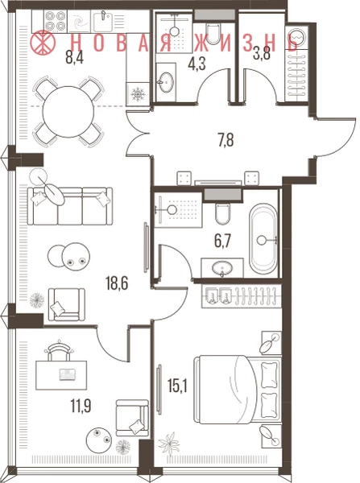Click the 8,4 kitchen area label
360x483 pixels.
(x=75, y=58)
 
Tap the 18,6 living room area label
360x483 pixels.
(x=117, y=283)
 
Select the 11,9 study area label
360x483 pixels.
(x=81, y=407)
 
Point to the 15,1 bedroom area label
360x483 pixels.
(x=177, y=386)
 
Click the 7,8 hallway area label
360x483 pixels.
(x=226, y=140)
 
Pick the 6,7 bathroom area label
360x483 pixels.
(x=222, y=241)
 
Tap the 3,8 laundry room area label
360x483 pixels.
(x=262, y=55)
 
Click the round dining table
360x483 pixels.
(x=68, y=112)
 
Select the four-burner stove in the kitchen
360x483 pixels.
(x=56, y=21)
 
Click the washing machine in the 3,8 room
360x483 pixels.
(x=296, y=37)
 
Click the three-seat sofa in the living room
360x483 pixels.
(x=70, y=206)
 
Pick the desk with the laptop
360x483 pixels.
(x=61, y=375)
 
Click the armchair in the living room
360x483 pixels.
(x=67, y=305)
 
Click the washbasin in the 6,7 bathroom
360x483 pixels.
(x=222, y=268)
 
